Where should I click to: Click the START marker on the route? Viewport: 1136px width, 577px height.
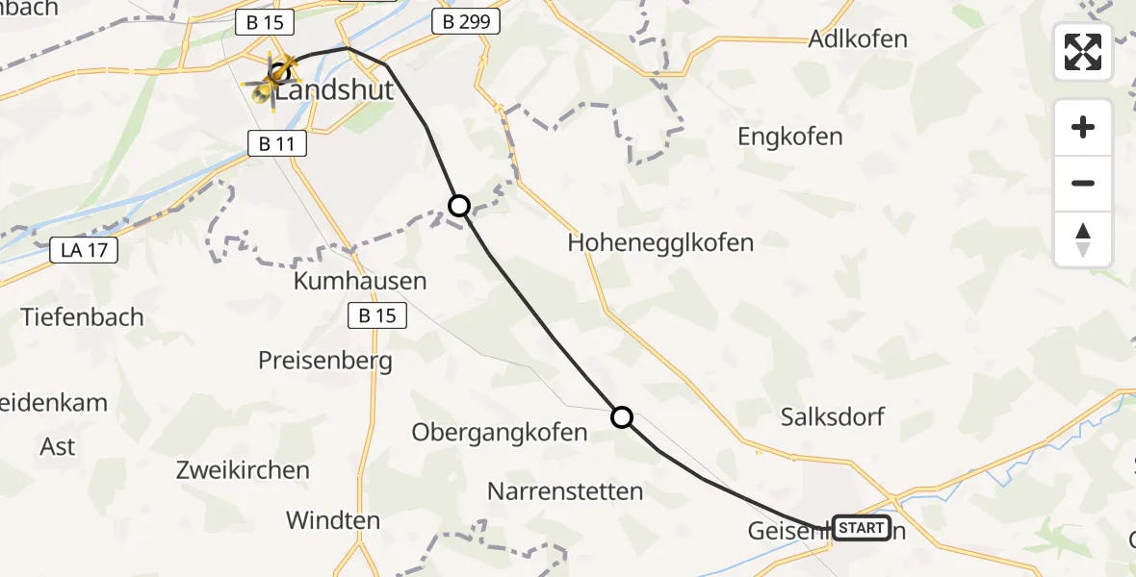(x=861, y=528)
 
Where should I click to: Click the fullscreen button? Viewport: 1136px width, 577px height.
(x=1083, y=52)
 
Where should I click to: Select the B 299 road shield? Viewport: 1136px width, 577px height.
(x=465, y=22)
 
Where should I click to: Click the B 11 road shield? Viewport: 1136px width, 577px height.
(x=276, y=144)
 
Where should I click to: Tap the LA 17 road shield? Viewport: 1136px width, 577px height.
(x=84, y=251)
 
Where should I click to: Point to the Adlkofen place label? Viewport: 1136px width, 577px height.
(x=859, y=39)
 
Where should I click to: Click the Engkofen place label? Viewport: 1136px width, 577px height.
(x=790, y=137)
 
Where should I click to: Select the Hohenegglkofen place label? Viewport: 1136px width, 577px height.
(x=660, y=242)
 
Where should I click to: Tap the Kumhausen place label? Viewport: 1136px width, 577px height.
(x=361, y=282)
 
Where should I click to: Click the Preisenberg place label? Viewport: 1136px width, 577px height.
(x=325, y=361)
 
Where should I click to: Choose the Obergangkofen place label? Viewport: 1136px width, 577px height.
(x=499, y=433)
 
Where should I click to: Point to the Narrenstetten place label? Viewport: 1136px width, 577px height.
(x=565, y=491)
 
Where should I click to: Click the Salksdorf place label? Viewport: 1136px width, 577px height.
(x=833, y=417)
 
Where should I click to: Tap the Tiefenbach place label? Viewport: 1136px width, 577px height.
(x=82, y=316)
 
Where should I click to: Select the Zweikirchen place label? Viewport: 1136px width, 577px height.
(x=243, y=470)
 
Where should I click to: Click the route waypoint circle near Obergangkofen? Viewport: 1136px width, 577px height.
(x=622, y=417)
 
